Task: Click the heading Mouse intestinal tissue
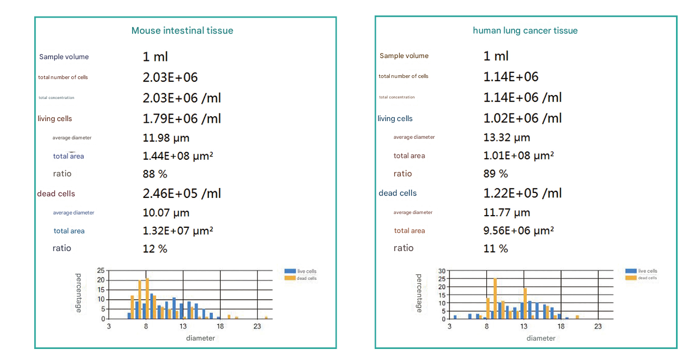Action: point(182,31)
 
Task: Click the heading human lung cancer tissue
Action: point(525,31)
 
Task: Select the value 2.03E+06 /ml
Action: point(182,98)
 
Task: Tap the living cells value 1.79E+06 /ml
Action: point(182,119)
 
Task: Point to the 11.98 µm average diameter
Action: point(166,138)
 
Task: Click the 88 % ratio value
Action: point(155,174)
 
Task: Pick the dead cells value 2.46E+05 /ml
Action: point(182,194)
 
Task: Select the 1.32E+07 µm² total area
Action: point(178,231)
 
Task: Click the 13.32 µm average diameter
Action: point(506,138)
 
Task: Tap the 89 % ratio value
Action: point(495,174)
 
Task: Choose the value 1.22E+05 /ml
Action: point(522,193)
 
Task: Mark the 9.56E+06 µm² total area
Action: point(518,231)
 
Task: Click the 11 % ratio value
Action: point(495,249)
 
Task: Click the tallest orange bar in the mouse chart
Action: point(148,298)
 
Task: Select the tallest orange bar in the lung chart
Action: point(495,298)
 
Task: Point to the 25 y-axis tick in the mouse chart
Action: point(101,270)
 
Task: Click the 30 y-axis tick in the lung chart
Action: point(441,272)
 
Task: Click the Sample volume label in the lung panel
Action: point(404,56)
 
